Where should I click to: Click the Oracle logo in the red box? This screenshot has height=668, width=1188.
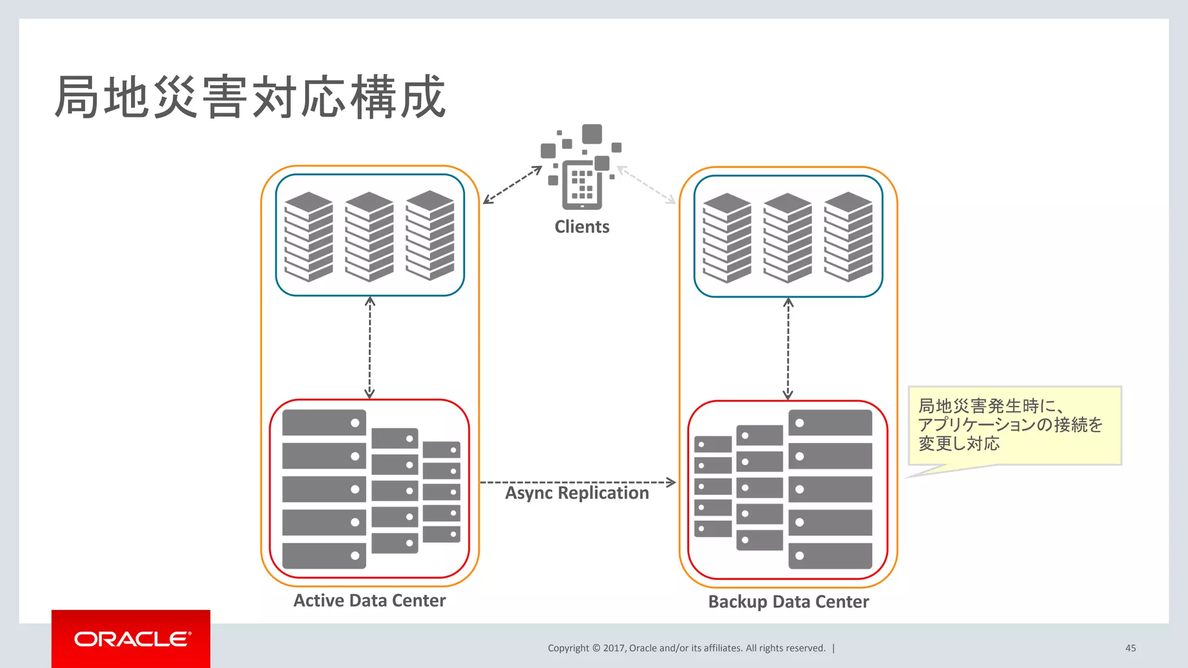click(x=132, y=639)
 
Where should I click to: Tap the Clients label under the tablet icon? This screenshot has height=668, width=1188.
click(x=582, y=227)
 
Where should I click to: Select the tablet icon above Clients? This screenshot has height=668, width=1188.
click(x=582, y=184)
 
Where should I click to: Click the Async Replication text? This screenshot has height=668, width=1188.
click(x=577, y=493)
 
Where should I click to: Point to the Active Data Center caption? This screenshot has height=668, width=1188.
click(x=370, y=601)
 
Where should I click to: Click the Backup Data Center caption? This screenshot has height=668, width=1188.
click(x=788, y=602)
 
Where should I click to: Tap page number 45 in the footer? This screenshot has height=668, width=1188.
click(x=1130, y=648)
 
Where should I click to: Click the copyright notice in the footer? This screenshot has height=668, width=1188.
click(x=686, y=648)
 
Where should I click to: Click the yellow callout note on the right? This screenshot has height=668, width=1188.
click(x=1014, y=425)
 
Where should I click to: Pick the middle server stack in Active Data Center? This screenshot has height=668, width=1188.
click(x=370, y=237)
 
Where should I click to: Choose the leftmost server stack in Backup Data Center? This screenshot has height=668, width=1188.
click(x=727, y=238)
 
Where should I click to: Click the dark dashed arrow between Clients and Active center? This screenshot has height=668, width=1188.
click(x=512, y=185)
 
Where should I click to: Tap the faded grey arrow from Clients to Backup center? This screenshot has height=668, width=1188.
click(x=647, y=185)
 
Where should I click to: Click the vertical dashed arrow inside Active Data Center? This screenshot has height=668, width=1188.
click(x=370, y=348)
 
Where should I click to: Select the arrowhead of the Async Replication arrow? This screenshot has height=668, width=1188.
click(x=671, y=482)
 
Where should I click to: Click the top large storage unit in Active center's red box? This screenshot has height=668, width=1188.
click(x=324, y=423)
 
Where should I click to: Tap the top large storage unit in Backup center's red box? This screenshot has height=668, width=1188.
click(x=830, y=423)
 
